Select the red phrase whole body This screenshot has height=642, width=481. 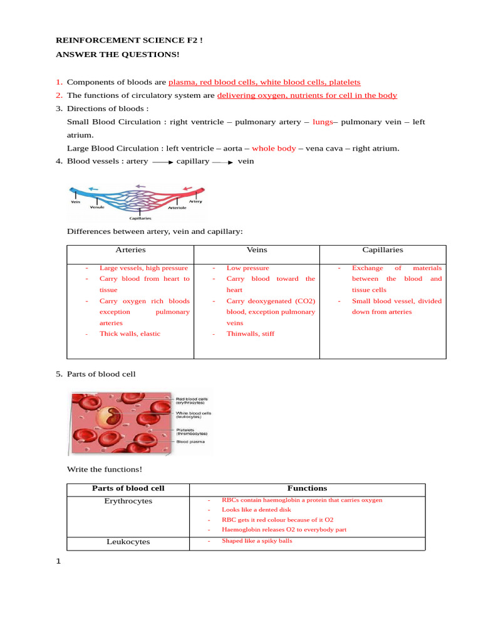coord(274,149)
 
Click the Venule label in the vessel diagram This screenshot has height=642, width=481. coord(97,206)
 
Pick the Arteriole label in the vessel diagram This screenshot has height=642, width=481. coord(177,208)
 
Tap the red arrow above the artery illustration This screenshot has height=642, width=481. coord(187,187)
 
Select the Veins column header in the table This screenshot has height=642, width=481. coord(257,250)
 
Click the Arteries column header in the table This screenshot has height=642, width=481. coord(130,250)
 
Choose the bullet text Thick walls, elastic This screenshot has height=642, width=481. coord(130,334)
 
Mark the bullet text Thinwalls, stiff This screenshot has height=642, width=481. coord(250,334)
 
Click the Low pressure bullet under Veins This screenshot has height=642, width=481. coord(247,268)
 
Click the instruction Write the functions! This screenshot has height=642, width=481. coord(105,469)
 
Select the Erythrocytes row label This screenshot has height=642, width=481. coord(128,502)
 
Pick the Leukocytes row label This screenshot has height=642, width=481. coord(128,542)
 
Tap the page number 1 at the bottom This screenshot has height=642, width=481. coord(59,561)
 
